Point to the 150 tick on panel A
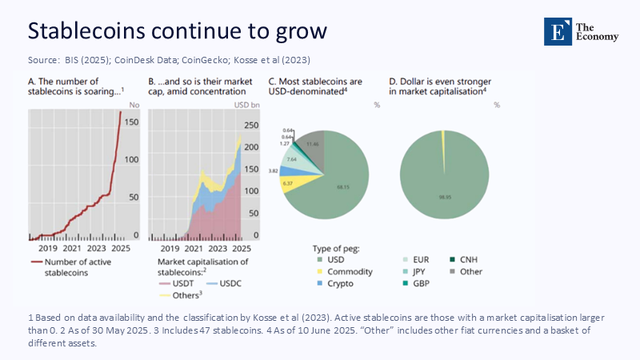point(133,123)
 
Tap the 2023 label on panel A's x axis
point(98,248)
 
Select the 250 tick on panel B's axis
point(250,126)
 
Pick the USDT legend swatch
point(162,283)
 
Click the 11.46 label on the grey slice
point(313,143)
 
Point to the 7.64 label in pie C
point(292,159)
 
